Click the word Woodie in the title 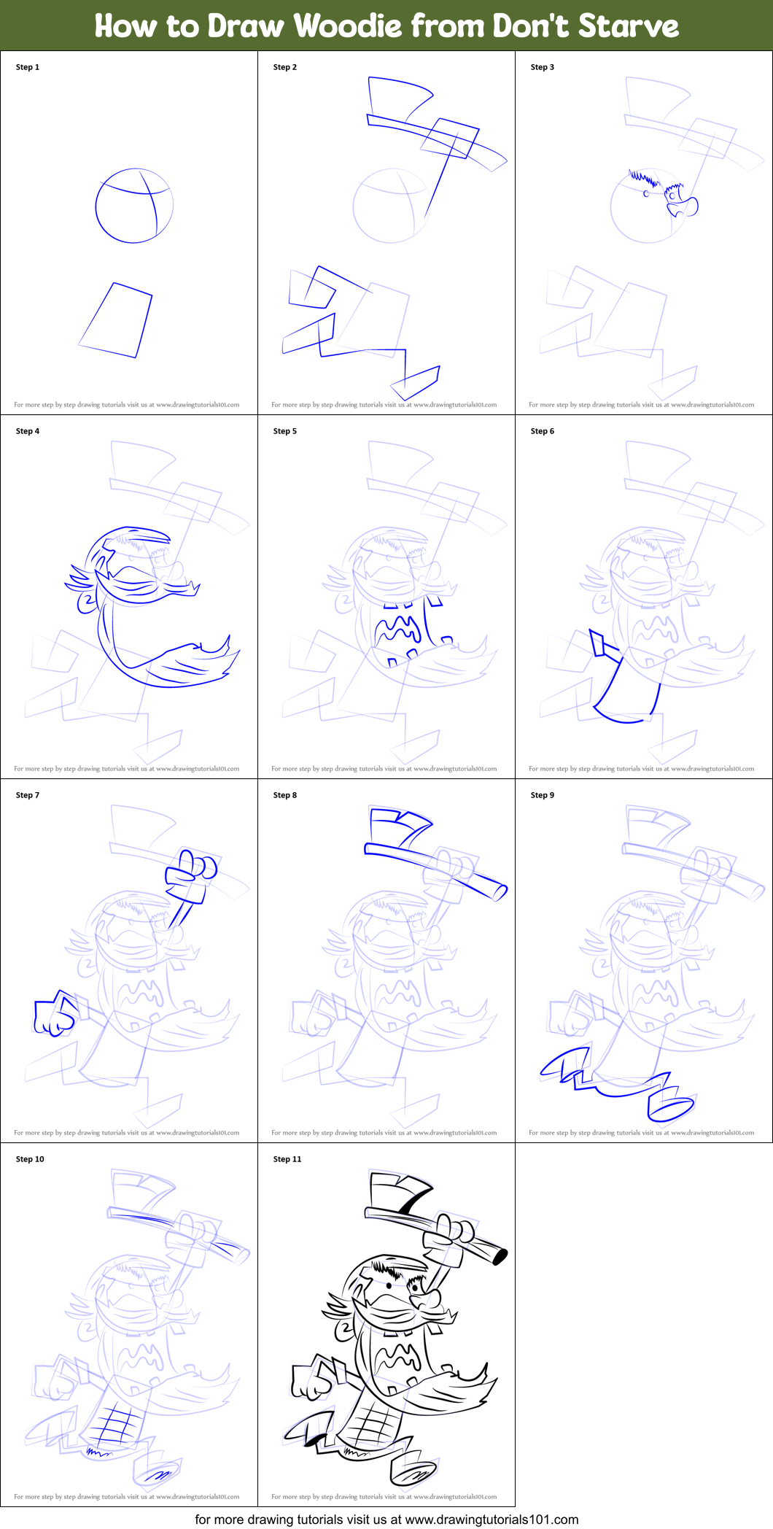pyautogui.click(x=348, y=26)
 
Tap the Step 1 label pyautogui.click(x=28, y=67)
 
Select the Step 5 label pyautogui.click(x=285, y=431)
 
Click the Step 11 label pyautogui.click(x=287, y=1159)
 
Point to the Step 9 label pyautogui.click(x=543, y=795)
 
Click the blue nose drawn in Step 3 pyautogui.click(x=686, y=208)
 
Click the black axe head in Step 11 pyautogui.click(x=397, y=1189)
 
